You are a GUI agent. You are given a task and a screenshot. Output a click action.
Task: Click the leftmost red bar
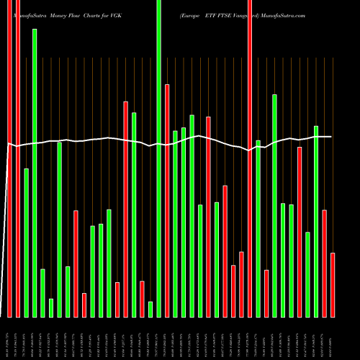[10, 158]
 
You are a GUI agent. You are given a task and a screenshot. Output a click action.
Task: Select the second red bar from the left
[18, 158]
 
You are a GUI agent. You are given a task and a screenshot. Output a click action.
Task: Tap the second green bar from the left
[35, 173]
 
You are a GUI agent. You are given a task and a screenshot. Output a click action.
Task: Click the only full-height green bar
[159, 158]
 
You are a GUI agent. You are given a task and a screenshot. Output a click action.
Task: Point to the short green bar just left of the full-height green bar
[150, 309]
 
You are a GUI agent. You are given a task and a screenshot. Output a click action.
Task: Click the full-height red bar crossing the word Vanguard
[250, 158]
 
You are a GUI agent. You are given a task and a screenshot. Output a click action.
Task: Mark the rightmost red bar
[333, 284]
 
